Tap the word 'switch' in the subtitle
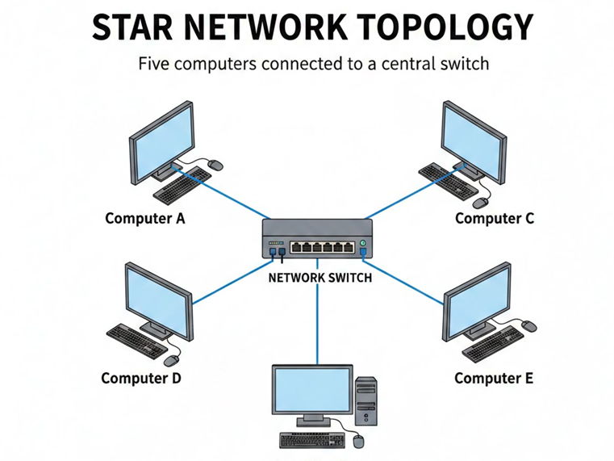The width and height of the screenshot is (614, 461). pos(463,63)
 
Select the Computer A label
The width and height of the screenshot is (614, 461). pos(144,218)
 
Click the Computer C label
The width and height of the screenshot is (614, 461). pos(494,218)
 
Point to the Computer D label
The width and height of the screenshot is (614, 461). pos(141,378)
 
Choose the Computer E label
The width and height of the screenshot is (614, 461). pos(493,378)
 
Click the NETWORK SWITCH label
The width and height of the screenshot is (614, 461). pos(319,278)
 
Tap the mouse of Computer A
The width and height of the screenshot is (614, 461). pos(215,165)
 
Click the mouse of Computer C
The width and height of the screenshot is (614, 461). pos(482,202)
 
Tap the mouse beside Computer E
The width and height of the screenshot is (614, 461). pos(528,325)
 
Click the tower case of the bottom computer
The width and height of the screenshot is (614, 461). pos(365,400)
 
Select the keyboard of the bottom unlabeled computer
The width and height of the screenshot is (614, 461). pos(311,440)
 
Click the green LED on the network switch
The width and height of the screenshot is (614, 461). pos(363,243)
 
